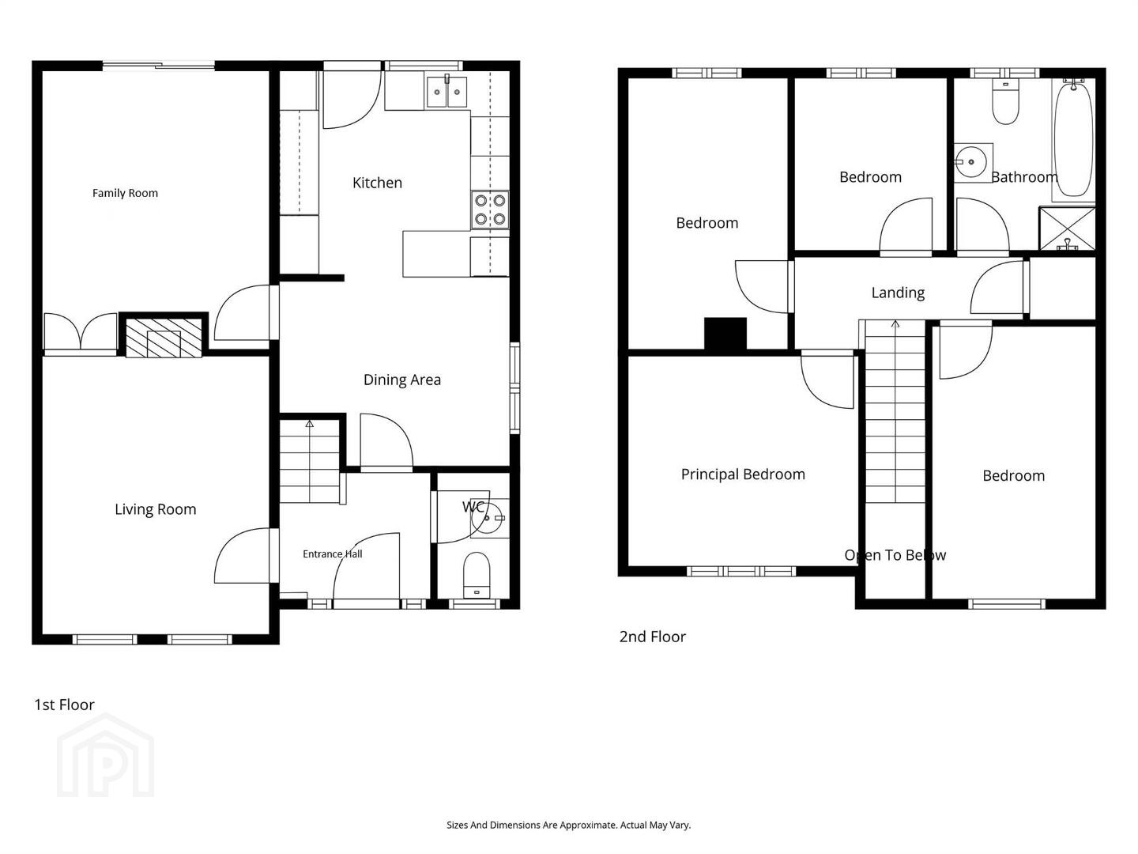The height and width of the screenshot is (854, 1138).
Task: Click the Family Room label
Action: pos(125,194)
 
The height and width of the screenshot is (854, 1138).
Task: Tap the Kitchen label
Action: pos(377,183)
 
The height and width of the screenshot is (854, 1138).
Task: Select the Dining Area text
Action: pos(401,380)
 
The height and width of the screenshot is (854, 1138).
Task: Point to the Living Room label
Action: pos(156,510)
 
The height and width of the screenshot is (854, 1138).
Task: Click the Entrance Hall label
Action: pos(333,554)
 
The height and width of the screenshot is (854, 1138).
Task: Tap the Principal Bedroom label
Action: pos(742,474)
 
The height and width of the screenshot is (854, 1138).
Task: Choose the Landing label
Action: pos(898,293)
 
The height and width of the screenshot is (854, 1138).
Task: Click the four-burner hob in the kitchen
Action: pos(490,210)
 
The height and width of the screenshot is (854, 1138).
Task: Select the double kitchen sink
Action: pos(447,92)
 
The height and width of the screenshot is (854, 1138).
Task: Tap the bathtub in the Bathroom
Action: pos(1073,139)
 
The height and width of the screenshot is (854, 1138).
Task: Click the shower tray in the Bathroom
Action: pos(1068,229)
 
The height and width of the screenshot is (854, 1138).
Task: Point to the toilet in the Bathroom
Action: pos(1005,102)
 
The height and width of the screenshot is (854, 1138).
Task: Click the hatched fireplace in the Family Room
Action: pos(164,338)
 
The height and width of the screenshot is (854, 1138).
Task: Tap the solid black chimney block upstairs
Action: pos(725,334)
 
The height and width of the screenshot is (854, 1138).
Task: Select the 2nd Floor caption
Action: pos(652,637)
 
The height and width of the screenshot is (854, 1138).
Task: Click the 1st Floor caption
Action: pos(64,705)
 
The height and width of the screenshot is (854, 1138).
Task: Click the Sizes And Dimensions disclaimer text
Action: pos(569,825)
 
